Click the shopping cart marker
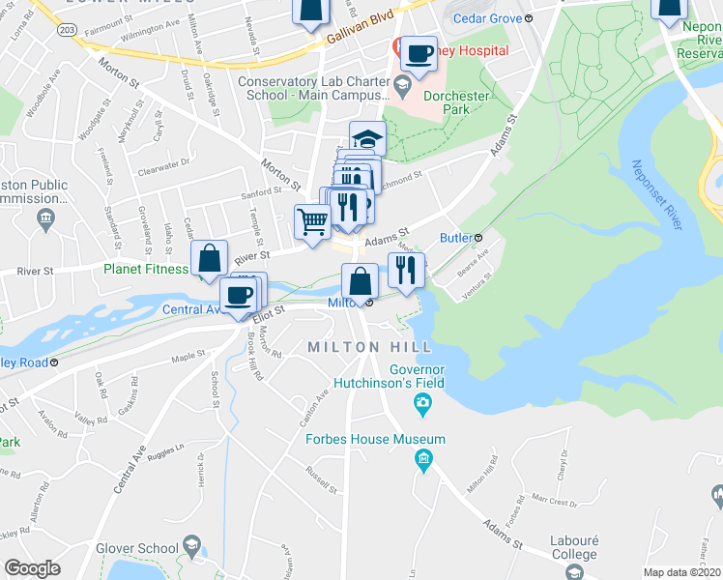point(312,221)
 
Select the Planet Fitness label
point(146,270)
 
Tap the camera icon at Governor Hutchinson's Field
point(422,402)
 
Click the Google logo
point(32,567)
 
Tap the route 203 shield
point(66,30)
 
